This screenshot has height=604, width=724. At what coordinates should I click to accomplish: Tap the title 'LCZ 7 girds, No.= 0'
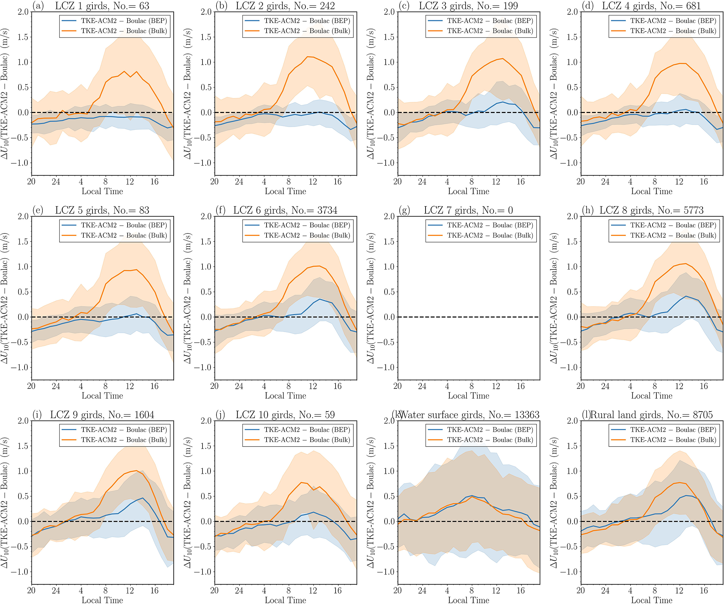pos(468,210)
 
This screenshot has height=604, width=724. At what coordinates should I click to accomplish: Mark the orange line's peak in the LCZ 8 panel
pos(685,264)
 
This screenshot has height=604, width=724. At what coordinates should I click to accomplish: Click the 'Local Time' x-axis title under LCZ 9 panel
pos(102,600)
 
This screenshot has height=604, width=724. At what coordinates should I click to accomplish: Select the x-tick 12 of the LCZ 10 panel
pos(313,591)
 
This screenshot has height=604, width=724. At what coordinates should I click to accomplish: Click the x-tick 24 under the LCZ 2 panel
pos(239,182)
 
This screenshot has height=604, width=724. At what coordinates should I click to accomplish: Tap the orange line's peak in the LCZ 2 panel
pos(307,57)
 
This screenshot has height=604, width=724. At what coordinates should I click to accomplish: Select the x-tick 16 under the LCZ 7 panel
pos(520,386)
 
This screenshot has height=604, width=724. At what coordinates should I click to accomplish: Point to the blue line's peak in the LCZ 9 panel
pos(143,498)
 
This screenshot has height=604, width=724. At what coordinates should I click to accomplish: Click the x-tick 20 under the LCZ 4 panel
pos(581,182)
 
